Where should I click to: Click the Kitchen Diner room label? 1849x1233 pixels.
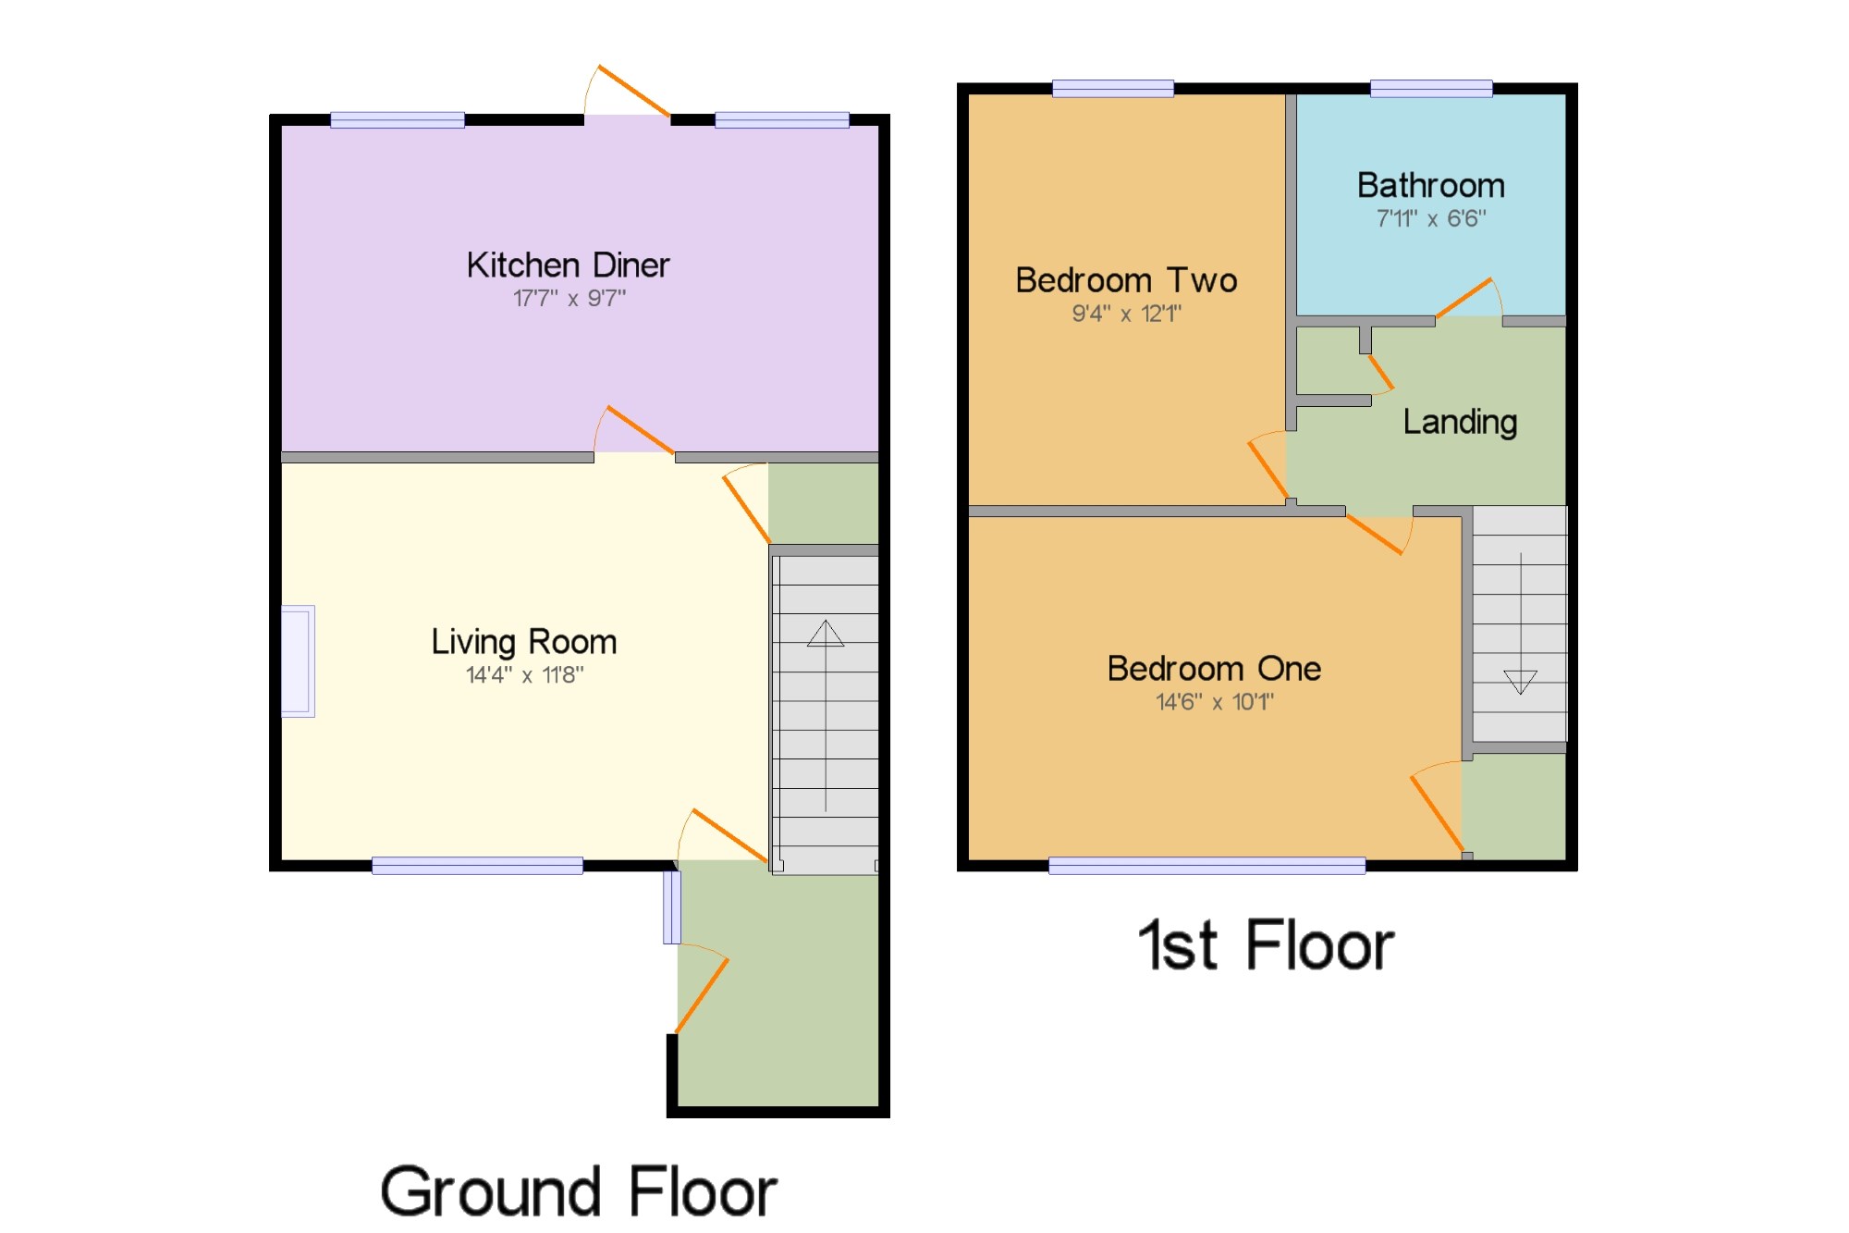pyautogui.click(x=568, y=265)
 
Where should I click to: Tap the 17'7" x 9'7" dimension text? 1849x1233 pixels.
pyautogui.click(x=569, y=298)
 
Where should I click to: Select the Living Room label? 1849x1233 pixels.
pyautogui.click(x=524, y=642)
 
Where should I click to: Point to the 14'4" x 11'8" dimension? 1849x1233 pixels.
pyautogui.click(x=524, y=675)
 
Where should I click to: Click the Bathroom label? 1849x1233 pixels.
pyautogui.click(x=1431, y=186)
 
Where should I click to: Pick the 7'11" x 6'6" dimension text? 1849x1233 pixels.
pyautogui.click(x=1431, y=218)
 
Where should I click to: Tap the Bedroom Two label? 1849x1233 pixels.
pyautogui.click(x=1126, y=280)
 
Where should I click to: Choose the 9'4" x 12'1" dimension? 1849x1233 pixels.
pyautogui.click(x=1126, y=314)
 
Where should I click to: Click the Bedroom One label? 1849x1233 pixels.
pyautogui.click(x=1214, y=669)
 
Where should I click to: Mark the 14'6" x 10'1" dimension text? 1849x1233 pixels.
pyautogui.click(x=1215, y=702)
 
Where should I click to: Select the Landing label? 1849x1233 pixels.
pyautogui.click(x=1460, y=423)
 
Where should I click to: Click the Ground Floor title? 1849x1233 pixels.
pyautogui.click(x=578, y=1192)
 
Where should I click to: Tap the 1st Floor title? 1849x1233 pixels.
pyautogui.click(x=1266, y=945)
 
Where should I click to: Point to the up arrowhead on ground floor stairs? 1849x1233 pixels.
pyautogui.click(x=826, y=634)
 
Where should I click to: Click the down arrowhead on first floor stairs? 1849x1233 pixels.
pyautogui.click(x=1520, y=682)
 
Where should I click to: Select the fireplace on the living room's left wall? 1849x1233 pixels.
pyautogui.click(x=298, y=661)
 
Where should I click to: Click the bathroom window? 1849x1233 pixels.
pyautogui.click(x=1431, y=89)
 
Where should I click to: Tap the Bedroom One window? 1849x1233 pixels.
pyautogui.click(x=1206, y=866)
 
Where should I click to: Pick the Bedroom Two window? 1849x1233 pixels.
pyautogui.click(x=1113, y=89)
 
